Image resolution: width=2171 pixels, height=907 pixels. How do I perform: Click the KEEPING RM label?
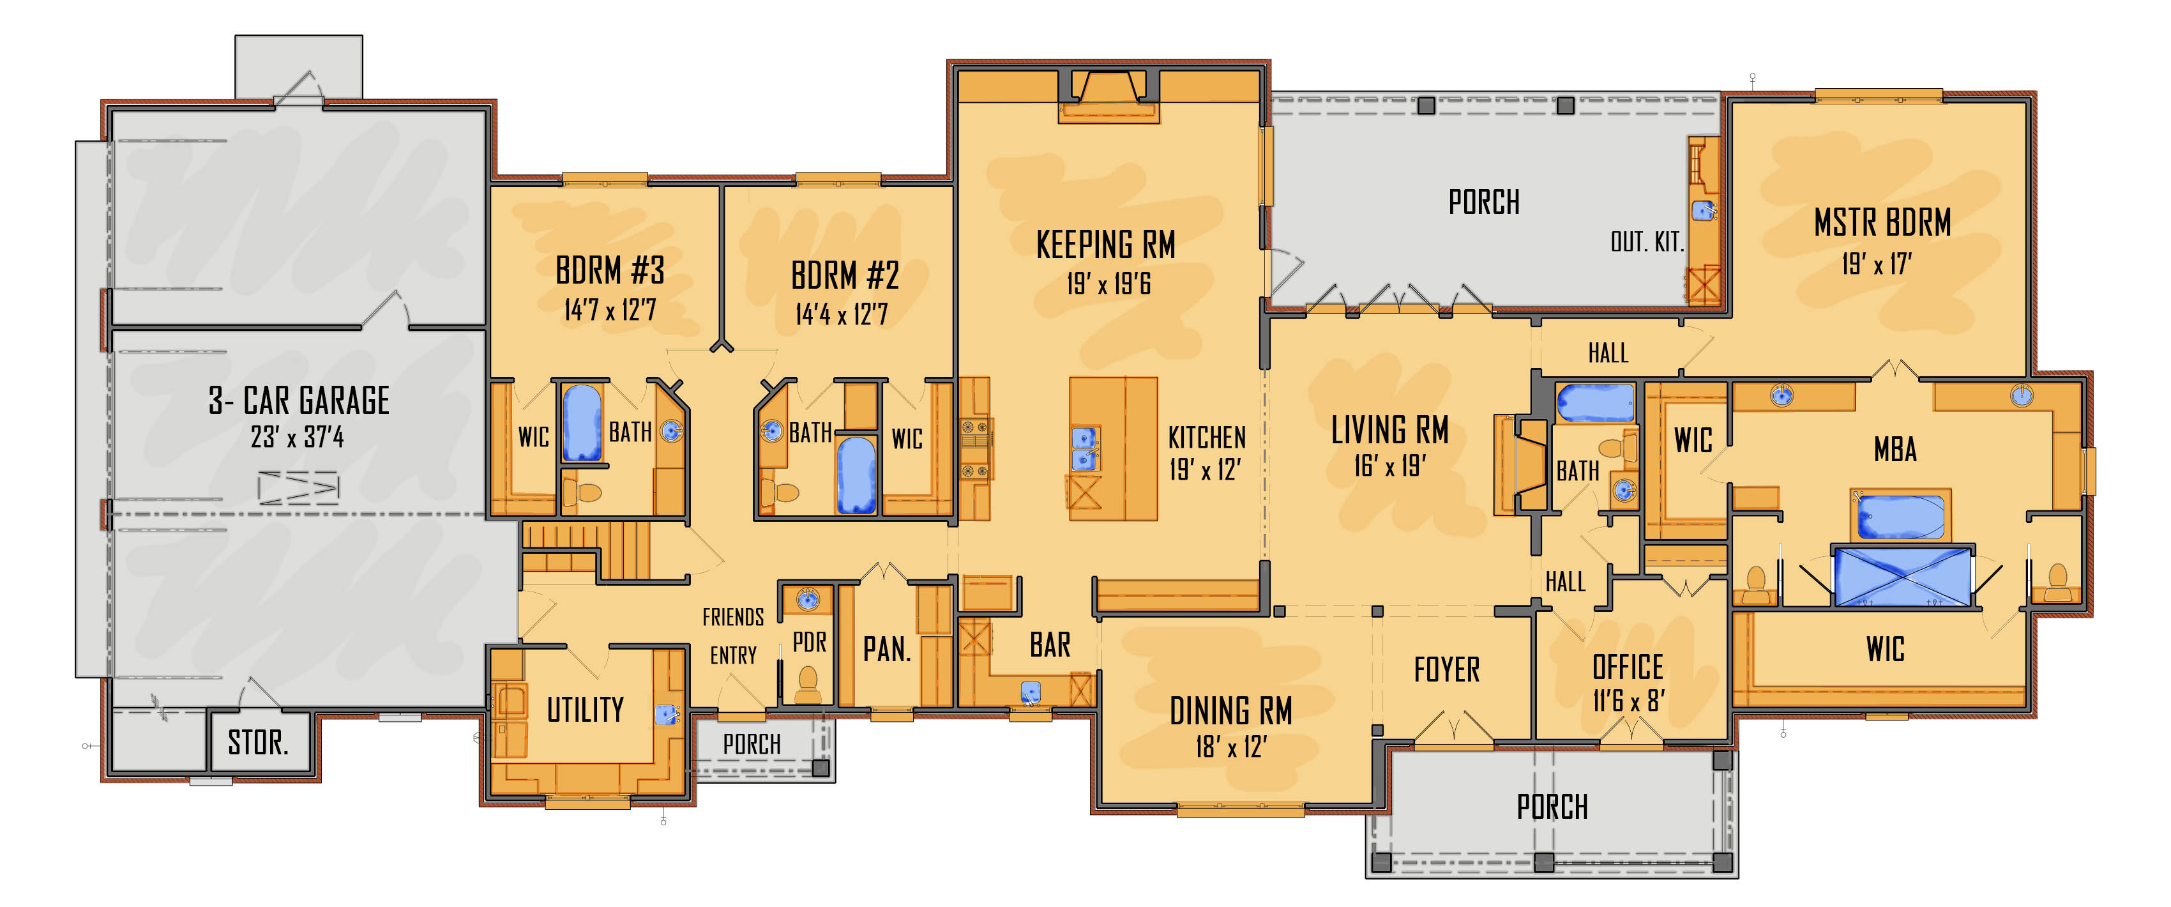[1106, 245]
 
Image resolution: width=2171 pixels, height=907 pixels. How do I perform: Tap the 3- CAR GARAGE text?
[299, 400]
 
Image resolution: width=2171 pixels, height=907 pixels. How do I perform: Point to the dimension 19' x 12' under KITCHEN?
[1205, 469]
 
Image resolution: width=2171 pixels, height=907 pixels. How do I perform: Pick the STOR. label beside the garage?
[258, 743]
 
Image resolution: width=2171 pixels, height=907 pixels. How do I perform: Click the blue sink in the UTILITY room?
[667, 715]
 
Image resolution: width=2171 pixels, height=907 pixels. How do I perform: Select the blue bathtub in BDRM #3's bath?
[582, 422]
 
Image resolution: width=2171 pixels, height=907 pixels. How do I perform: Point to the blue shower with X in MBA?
[1903, 577]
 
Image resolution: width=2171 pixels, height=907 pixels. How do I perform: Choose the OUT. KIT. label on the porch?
[1646, 242]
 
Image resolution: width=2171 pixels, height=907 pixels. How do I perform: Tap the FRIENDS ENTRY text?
[733, 636]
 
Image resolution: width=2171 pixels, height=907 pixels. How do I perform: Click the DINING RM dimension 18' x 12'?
[1230, 746]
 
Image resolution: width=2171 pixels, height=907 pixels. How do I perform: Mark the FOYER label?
[1446, 669]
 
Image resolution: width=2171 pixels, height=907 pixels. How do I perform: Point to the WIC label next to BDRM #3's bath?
[533, 437]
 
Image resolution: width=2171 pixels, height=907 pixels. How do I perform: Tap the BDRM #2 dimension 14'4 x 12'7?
[841, 314]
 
